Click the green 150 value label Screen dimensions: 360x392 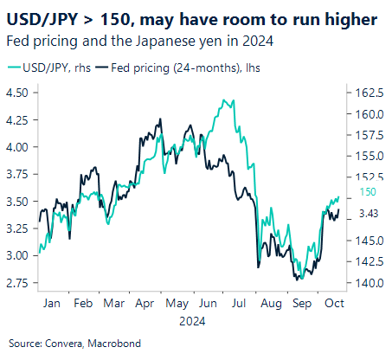[367, 192]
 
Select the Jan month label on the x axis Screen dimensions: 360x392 [51, 305]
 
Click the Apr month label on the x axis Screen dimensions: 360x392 [145, 305]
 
